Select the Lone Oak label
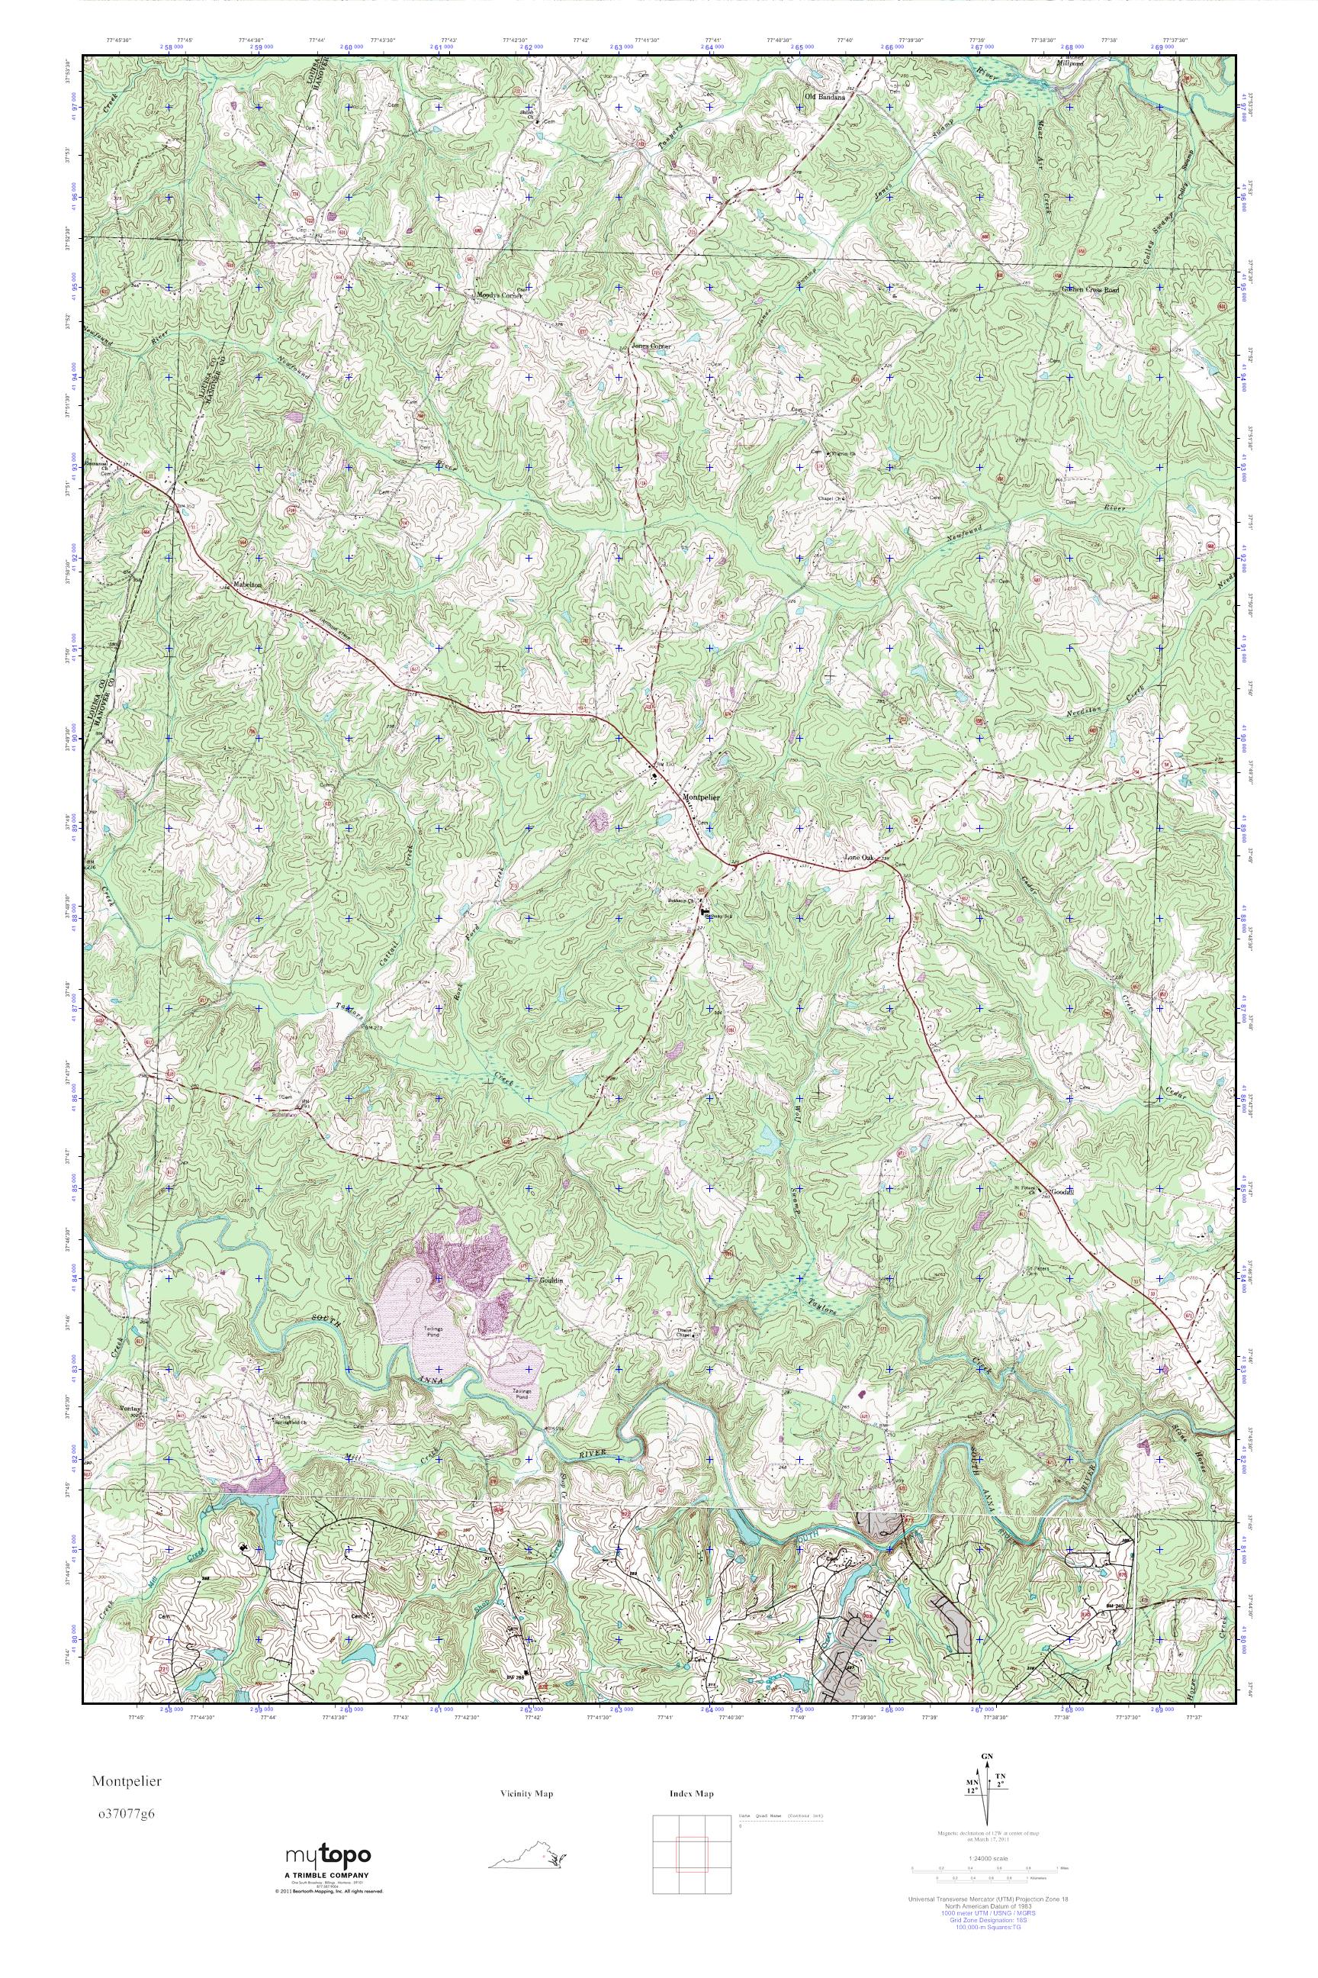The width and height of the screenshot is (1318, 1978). pos(860,858)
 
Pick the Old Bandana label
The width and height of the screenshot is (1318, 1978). pos(823,97)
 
